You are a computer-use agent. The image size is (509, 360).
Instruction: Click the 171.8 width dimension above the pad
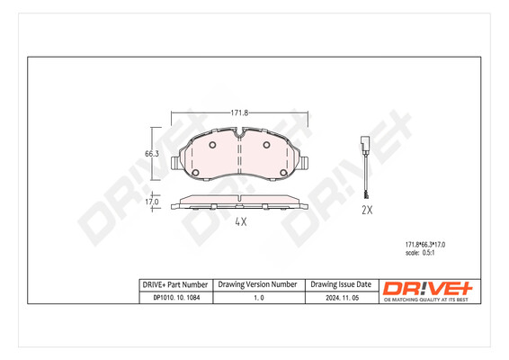(239, 113)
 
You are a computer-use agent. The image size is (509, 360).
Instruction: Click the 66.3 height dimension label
(152, 154)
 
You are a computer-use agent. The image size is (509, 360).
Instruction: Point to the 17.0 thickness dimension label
(152, 202)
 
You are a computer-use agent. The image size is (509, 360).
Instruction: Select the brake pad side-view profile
(239, 201)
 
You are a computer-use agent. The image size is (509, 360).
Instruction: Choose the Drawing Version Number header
(258, 283)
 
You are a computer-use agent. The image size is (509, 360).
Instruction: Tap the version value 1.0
(258, 298)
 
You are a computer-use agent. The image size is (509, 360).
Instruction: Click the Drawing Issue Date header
(340, 283)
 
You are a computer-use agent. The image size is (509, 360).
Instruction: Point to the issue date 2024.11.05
(340, 298)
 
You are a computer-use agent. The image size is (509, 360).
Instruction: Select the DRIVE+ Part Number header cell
(175, 283)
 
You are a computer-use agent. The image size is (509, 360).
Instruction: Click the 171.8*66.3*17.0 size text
(422, 244)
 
